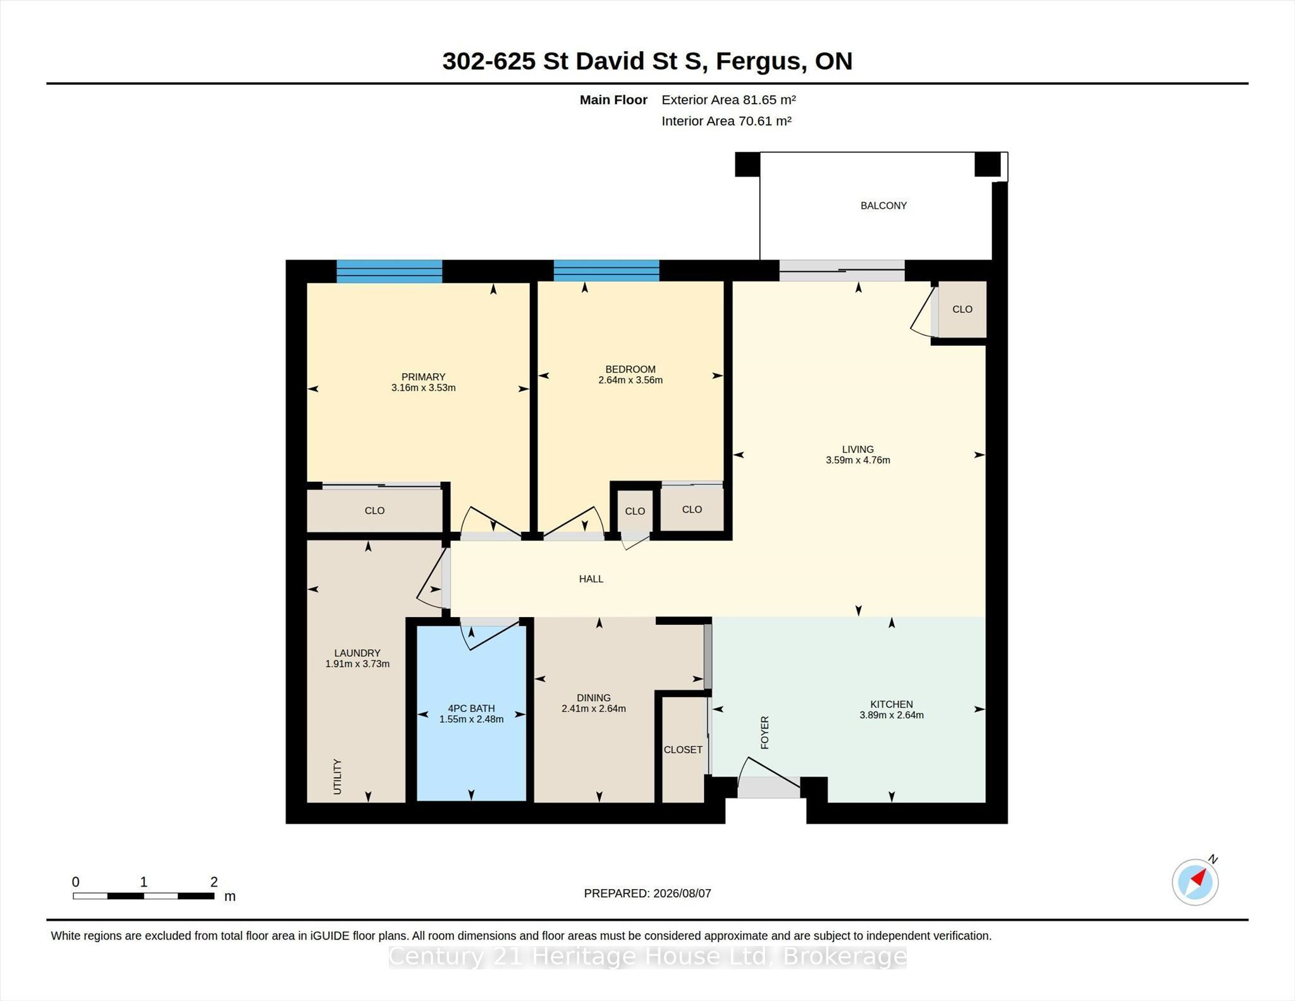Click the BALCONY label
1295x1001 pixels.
point(883,206)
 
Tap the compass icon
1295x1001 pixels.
point(1195,881)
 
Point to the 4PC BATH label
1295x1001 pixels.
point(471,709)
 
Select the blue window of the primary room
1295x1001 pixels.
point(389,271)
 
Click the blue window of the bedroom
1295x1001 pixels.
point(606,271)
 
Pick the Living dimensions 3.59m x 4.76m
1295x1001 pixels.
point(858,460)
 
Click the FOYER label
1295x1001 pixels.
point(764,732)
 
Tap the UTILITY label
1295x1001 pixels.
point(337,777)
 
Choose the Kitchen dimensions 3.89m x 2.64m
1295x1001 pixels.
point(892,715)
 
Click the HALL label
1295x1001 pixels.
point(591,579)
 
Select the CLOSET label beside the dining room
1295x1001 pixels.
point(683,749)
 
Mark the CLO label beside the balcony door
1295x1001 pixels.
point(962,309)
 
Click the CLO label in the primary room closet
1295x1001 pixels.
point(374,510)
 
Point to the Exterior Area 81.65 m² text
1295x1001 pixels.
point(728,99)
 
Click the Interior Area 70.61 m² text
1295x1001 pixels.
point(727,121)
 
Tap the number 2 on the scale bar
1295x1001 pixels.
point(214,881)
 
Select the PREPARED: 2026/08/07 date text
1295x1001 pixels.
point(647,894)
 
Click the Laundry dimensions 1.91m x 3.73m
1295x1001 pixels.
point(357,664)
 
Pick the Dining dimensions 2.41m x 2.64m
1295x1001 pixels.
point(594,709)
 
